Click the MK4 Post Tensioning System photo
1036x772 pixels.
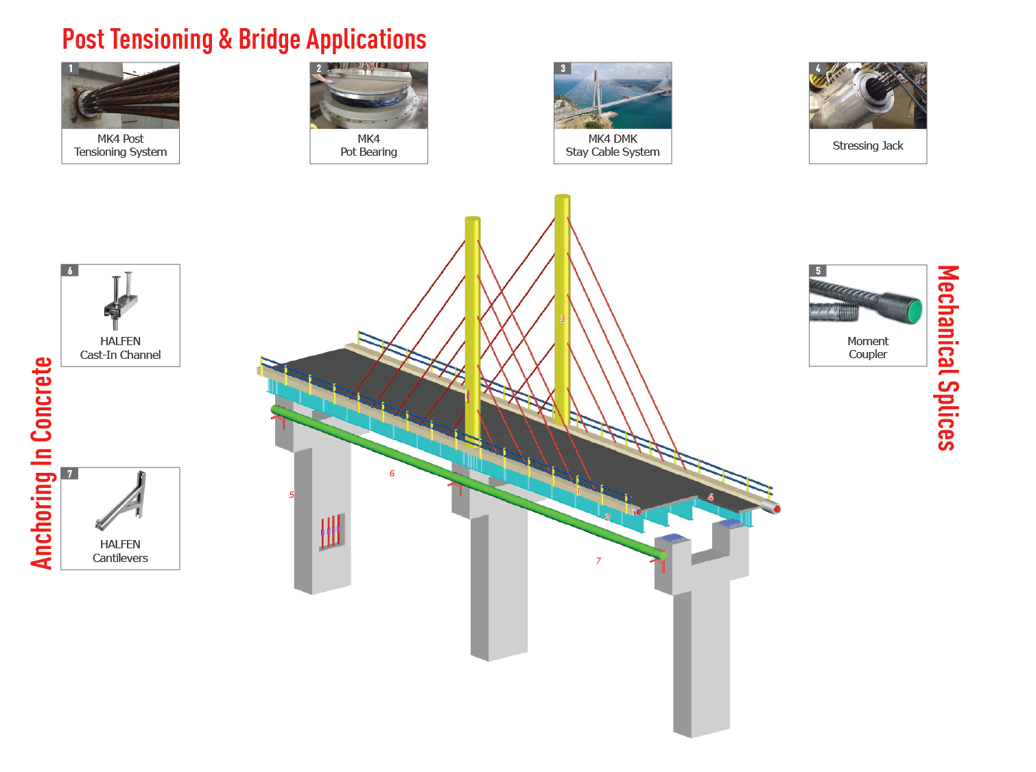coord(121,96)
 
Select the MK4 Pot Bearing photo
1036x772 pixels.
coord(368,96)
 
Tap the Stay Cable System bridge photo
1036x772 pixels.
coord(613,96)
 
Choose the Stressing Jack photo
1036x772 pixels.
coord(868,96)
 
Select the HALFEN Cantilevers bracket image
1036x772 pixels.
coord(121,502)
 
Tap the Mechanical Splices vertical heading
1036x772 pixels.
coord(947,358)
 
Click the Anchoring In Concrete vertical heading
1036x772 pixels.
coord(42,463)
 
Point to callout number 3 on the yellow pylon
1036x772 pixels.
coord(563,318)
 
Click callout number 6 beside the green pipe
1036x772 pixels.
coord(392,473)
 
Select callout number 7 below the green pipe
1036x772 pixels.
coord(598,561)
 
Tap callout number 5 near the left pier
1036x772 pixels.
coord(292,495)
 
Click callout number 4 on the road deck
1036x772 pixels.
coord(711,497)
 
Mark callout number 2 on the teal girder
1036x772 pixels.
coord(607,517)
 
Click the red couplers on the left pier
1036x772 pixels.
coord(330,531)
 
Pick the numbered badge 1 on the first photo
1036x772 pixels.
coord(70,68)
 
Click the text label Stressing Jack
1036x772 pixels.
coord(868,145)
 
